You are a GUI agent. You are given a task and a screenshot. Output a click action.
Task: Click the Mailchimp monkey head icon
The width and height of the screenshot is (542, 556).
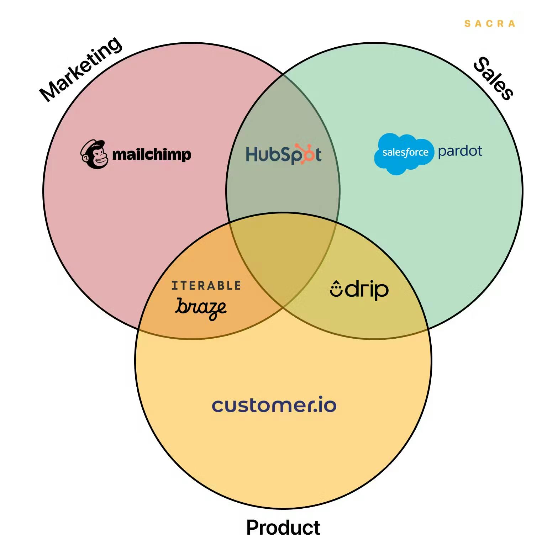point(94,154)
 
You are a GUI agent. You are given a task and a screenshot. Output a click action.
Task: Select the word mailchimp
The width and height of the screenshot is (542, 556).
point(152,155)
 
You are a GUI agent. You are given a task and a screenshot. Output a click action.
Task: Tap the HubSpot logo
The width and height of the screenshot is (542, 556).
point(284,154)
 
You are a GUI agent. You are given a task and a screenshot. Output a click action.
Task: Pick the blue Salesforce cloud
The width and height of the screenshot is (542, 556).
point(404,153)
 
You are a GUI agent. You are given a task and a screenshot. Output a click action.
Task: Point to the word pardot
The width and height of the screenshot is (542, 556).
point(460,152)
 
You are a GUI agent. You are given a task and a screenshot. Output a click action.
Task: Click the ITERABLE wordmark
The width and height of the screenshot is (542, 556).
point(206,286)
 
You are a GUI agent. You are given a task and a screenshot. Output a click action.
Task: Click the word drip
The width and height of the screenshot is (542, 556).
point(367,290)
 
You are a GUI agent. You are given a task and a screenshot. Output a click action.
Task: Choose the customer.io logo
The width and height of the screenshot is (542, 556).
point(274,405)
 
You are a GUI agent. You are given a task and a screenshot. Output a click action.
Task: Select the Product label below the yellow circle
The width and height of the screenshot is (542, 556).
point(283,527)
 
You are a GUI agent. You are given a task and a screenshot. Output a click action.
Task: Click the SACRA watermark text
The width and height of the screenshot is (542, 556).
point(490,24)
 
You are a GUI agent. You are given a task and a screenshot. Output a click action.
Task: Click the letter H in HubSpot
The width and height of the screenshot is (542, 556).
point(252,154)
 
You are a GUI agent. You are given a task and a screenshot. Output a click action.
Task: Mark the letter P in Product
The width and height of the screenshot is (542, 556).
point(253,527)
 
